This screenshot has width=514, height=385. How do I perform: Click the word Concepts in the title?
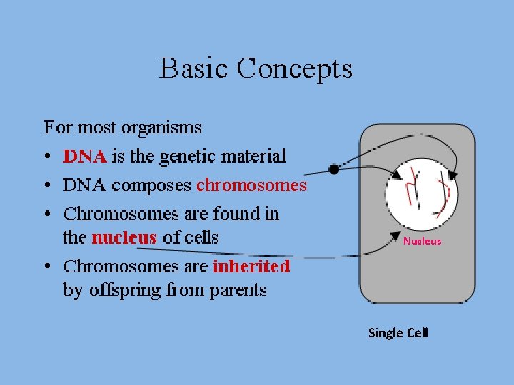click(x=294, y=69)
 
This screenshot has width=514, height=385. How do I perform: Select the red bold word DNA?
click(x=84, y=156)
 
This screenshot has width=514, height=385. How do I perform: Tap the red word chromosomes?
click(x=251, y=185)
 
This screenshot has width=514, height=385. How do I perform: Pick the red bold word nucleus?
click(x=124, y=237)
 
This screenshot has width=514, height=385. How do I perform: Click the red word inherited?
click(x=251, y=267)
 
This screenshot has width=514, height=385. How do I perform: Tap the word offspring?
click(x=124, y=290)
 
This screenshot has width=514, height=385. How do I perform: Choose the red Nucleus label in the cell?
click(x=422, y=241)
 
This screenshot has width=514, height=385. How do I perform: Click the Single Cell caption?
click(x=398, y=333)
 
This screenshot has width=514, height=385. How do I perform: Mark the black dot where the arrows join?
click(x=333, y=169)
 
